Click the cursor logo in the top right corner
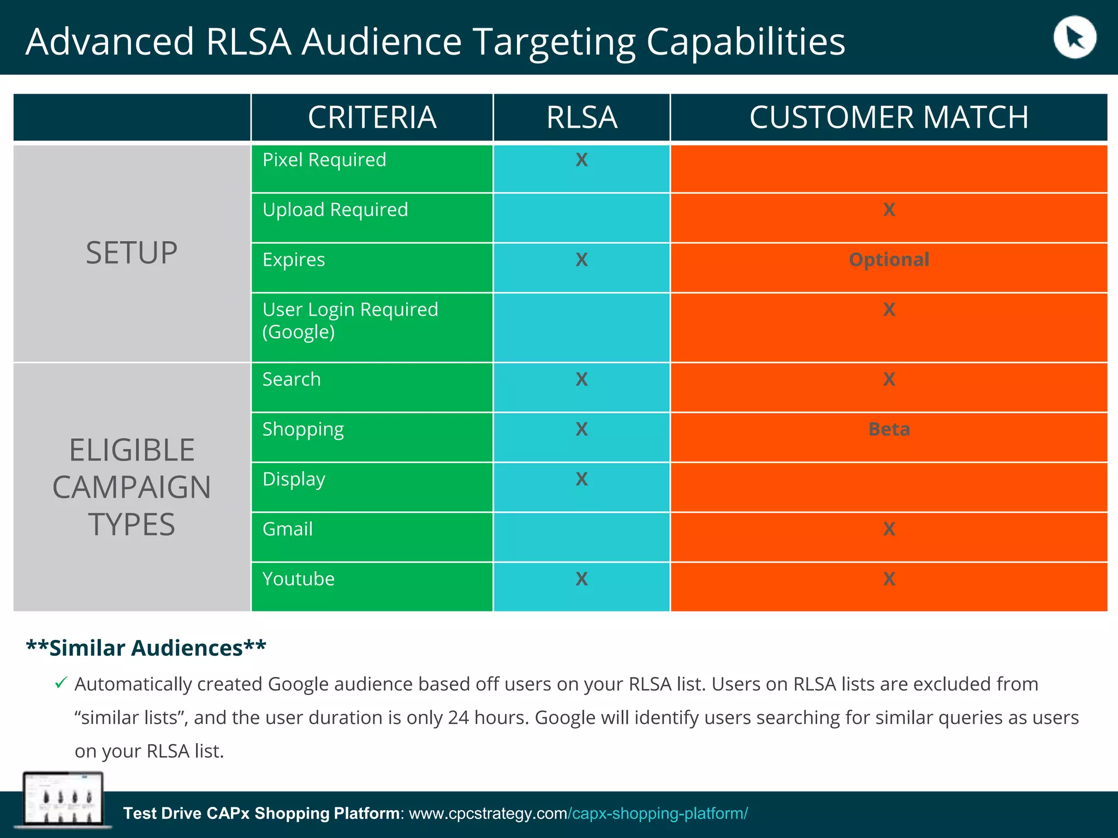(1074, 38)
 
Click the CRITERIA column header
(372, 117)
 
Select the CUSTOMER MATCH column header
(889, 117)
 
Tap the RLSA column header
(581, 117)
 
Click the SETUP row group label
(132, 253)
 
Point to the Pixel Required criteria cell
(324, 160)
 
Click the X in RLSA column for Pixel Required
(581, 160)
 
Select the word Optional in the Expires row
(889, 260)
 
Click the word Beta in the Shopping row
(889, 429)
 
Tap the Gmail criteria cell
(288, 529)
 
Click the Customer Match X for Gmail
(889, 529)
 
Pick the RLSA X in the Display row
(581, 479)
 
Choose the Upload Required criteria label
(335, 210)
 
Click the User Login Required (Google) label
(350, 321)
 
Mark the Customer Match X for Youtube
(889, 579)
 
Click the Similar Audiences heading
(146, 648)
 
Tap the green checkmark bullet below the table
(61, 683)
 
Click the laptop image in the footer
(63, 799)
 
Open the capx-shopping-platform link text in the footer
(658, 813)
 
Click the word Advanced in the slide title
(110, 41)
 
